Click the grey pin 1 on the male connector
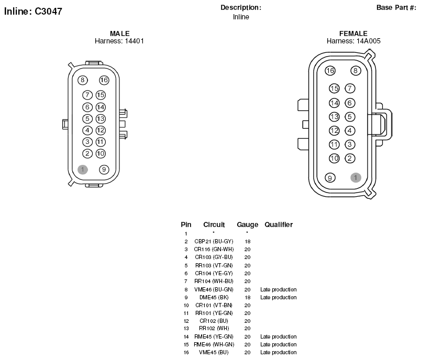(x=83, y=169)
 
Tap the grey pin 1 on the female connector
(x=356, y=177)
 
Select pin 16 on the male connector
(x=104, y=80)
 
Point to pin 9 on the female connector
(x=330, y=177)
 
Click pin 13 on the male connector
(x=101, y=119)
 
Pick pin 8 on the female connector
(x=356, y=71)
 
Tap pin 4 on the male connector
(x=87, y=130)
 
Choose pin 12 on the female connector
(x=334, y=131)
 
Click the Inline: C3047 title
(x=33, y=12)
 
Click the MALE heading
(x=120, y=33)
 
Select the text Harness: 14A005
(x=353, y=41)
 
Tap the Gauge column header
(x=247, y=224)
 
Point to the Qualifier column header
(x=279, y=224)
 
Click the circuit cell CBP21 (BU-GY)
(x=214, y=241)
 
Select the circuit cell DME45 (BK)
(x=214, y=297)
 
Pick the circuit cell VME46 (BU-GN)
(x=214, y=289)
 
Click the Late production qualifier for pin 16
(x=279, y=352)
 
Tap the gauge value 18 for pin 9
(x=248, y=297)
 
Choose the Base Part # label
(x=396, y=7)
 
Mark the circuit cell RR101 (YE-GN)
(x=214, y=313)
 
